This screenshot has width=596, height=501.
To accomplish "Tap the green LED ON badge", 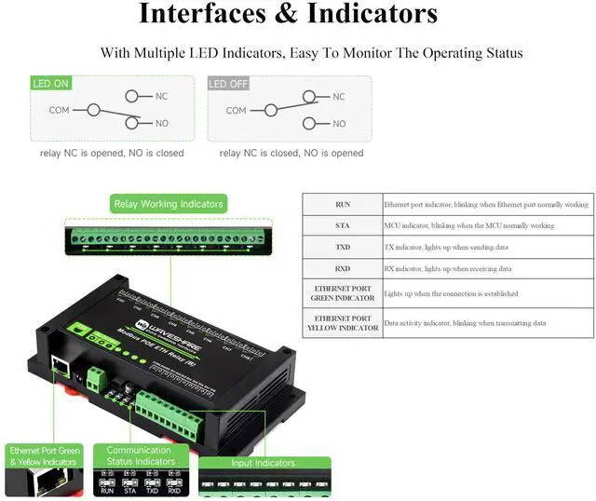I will [51, 84].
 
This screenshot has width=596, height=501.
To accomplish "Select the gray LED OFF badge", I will [227, 84].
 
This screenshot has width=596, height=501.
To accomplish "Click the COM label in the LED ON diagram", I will [59, 110].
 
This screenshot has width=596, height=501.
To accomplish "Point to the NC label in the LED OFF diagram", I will [338, 97].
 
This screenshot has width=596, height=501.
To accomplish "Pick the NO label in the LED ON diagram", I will [161, 124].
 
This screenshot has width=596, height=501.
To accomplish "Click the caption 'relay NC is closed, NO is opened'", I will [291, 153].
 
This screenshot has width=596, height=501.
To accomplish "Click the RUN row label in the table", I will [342, 204].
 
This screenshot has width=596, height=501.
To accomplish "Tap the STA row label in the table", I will [342, 225].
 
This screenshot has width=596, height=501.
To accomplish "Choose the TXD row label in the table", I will [342, 248].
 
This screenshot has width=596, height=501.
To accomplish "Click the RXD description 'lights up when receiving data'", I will [448, 269].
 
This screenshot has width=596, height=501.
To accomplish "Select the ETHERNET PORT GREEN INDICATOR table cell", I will [342, 294].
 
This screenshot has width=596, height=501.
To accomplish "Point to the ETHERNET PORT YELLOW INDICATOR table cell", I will [342, 322].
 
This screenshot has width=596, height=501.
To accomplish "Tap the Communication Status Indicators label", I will [140, 455].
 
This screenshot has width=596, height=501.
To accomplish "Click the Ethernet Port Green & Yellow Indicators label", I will [45, 455].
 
